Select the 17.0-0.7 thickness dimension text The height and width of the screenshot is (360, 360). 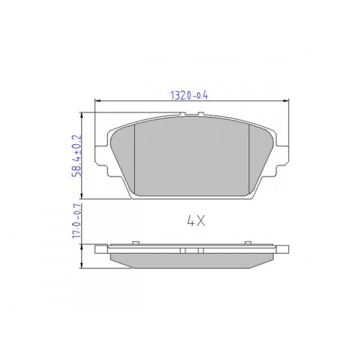click(x=77, y=223)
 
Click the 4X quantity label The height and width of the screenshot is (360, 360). click(x=197, y=221)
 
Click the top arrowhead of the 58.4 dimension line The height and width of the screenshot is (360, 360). click(x=82, y=113)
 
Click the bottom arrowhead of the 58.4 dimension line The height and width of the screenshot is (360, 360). click(x=82, y=197)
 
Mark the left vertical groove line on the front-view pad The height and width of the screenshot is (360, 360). click(x=135, y=159)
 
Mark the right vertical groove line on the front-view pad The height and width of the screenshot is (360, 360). click(x=250, y=159)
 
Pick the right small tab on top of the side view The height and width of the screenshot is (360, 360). click(x=248, y=242)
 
